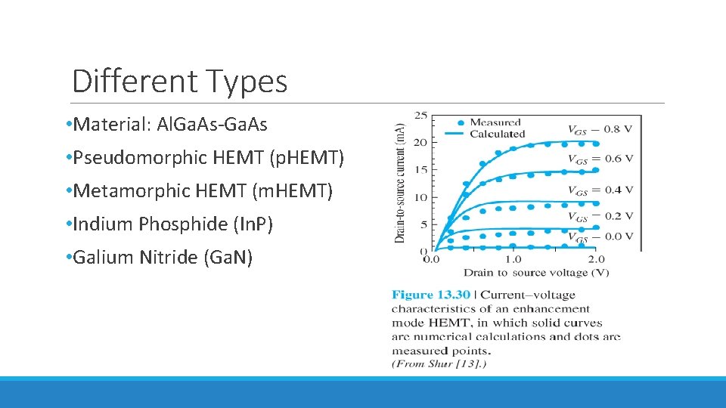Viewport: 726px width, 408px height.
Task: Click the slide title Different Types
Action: tap(179, 81)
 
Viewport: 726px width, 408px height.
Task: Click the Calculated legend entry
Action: tap(497, 134)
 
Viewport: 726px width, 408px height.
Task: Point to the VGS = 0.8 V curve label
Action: tap(600, 129)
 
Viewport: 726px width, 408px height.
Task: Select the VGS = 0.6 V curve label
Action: tap(600, 159)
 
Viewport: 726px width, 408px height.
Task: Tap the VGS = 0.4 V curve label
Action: tap(600, 190)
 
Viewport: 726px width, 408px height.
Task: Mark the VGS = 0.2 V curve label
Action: tap(600, 216)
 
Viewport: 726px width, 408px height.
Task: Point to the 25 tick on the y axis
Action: tap(420, 116)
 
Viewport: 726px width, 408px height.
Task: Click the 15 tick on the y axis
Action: tap(420, 170)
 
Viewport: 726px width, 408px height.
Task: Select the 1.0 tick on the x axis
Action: tap(512, 260)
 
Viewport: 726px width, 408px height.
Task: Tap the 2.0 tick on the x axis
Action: tap(597, 260)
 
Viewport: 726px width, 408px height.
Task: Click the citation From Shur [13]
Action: tap(439, 364)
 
